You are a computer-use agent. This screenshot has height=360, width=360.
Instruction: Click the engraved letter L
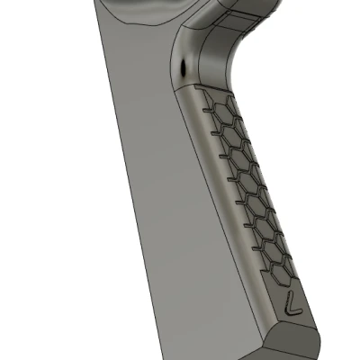[x=290, y=303]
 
